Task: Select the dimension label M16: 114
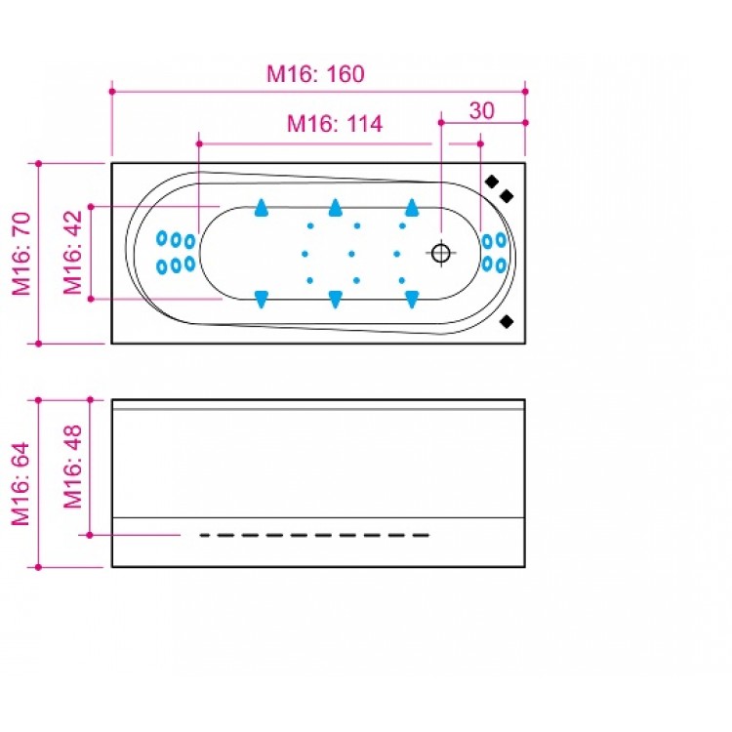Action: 334,124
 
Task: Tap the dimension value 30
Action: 481,110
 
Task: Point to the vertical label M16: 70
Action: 21,253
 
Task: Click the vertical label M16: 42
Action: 73,253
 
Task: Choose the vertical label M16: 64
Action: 21,483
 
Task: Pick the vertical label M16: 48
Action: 73,467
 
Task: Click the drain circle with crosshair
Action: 441,254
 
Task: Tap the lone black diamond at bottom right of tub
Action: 507,321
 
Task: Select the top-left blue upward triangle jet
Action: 261,207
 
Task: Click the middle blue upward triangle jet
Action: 336,207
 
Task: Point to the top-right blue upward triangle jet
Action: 412,207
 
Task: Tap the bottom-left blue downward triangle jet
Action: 261,299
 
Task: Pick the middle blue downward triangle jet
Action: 336,299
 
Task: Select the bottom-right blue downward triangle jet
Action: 412,299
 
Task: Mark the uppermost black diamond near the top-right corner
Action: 493,182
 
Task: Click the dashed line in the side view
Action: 314,535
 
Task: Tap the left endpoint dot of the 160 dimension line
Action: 112,91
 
